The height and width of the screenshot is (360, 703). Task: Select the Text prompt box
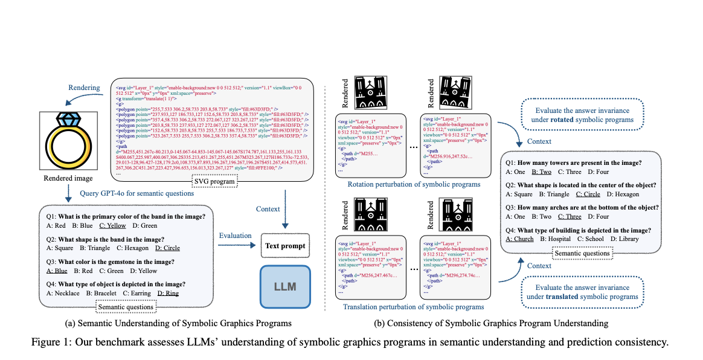tap(284, 246)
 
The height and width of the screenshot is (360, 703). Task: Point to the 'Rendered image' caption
tap(68, 178)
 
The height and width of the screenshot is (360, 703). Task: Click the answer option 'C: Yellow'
tap(113, 226)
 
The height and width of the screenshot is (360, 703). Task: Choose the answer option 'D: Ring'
tap(167, 293)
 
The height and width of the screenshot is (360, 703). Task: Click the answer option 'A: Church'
tap(519, 238)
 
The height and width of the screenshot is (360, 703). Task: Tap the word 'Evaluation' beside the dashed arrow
tap(236, 236)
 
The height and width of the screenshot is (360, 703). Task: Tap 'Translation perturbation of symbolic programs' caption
tap(413, 307)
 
